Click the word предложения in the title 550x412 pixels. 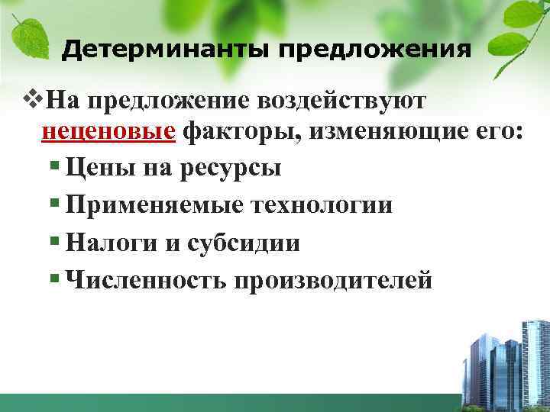point(374,50)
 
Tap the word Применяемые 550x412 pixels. point(156,205)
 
